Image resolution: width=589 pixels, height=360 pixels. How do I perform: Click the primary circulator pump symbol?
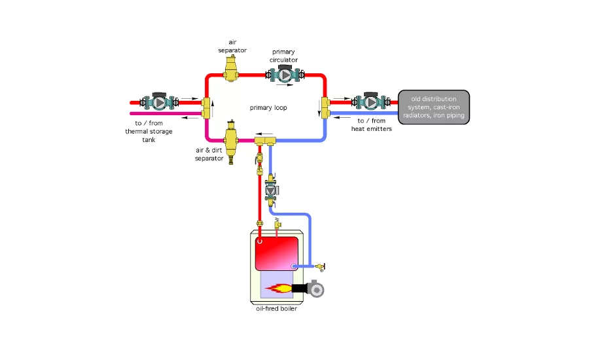tap(285, 75)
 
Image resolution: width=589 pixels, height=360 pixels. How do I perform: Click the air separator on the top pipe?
tap(231, 67)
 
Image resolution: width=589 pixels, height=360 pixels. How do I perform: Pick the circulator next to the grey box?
tap(371, 102)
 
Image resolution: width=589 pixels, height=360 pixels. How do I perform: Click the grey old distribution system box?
tap(434, 107)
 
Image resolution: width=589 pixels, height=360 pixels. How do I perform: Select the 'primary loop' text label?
tap(268, 107)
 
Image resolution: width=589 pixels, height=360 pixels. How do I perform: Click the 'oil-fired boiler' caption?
tap(277, 309)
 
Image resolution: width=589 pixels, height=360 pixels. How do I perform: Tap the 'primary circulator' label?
tap(283, 56)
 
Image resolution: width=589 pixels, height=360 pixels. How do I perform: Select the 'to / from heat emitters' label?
tap(374, 124)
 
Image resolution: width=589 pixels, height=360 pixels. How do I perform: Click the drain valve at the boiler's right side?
tap(319, 266)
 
